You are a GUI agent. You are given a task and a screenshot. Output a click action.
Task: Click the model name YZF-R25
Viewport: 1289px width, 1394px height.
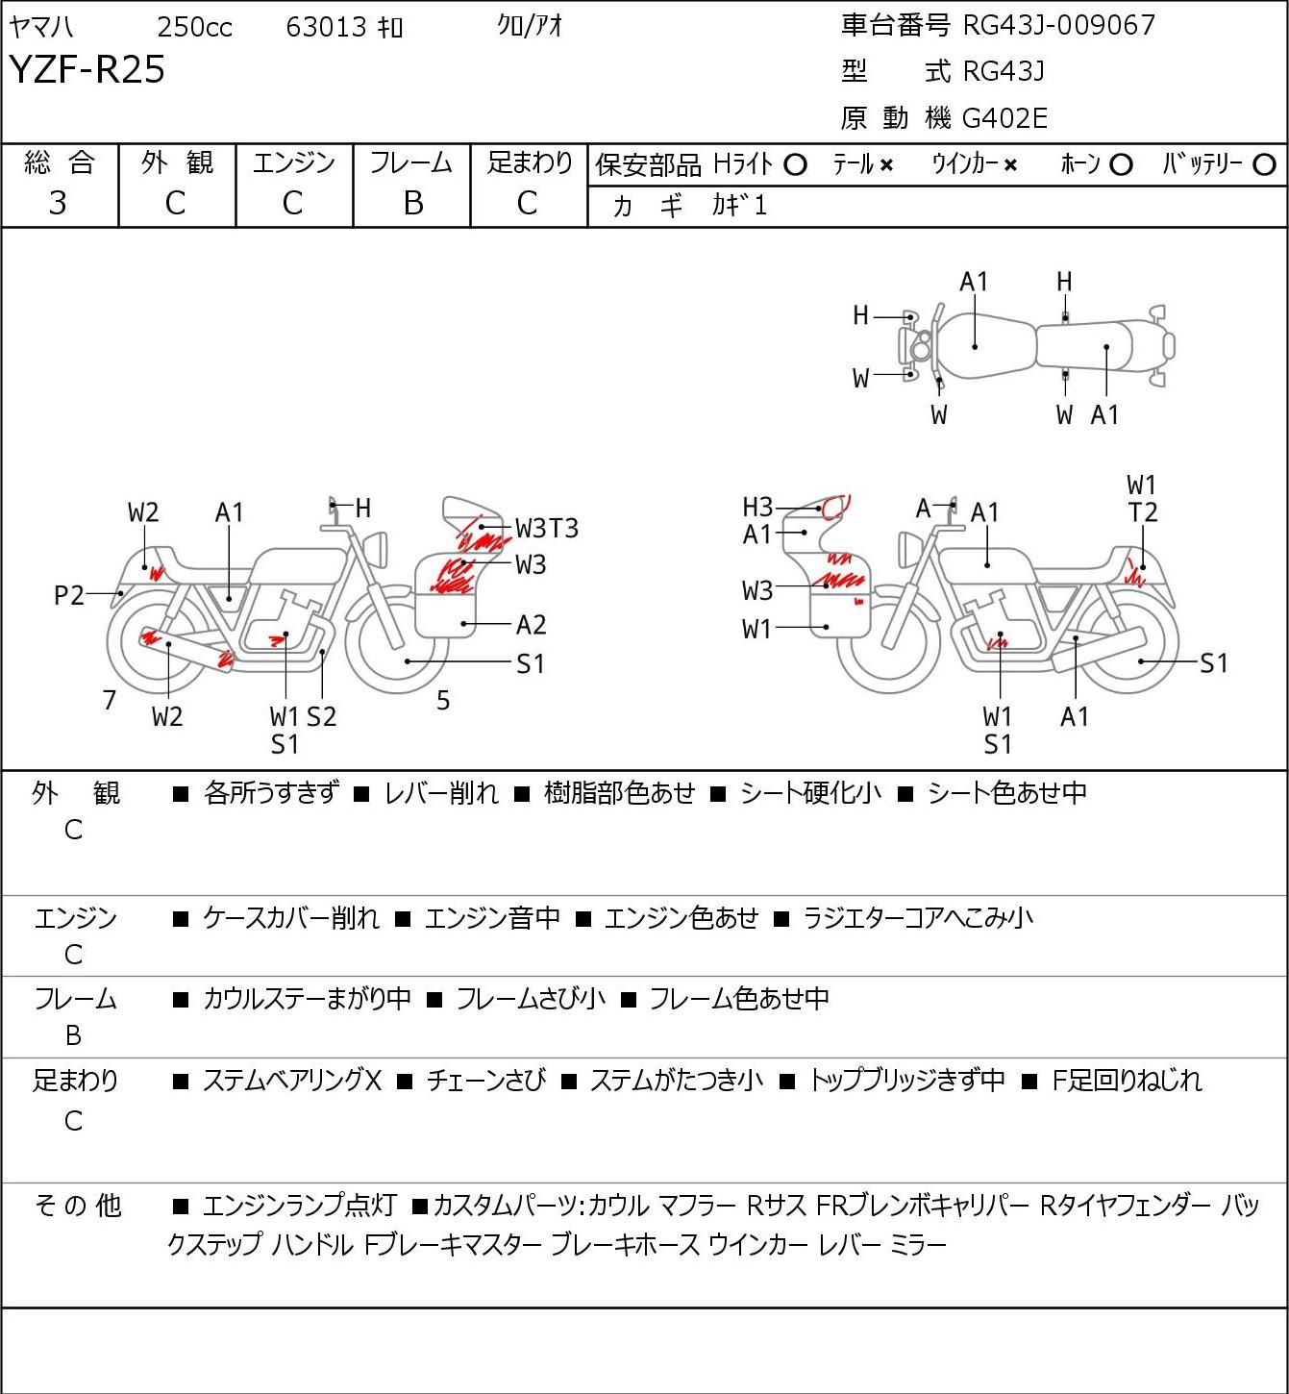click(x=87, y=69)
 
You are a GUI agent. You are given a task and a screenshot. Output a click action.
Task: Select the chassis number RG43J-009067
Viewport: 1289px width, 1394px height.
click(x=1058, y=25)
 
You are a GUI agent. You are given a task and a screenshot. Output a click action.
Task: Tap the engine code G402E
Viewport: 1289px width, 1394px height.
click(x=1004, y=118)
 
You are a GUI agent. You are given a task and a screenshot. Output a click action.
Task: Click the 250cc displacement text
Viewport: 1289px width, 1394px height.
click(x=194, y=28)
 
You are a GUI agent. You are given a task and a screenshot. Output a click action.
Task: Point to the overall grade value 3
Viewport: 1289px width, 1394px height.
click(x=58, y=203)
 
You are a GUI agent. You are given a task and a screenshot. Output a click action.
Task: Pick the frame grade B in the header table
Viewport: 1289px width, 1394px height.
click(x=412, y=203)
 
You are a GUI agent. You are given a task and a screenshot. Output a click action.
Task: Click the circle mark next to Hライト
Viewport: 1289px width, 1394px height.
click(x=795, y=165)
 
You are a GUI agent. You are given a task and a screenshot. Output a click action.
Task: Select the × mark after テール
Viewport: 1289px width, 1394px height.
click(x=886, y=165)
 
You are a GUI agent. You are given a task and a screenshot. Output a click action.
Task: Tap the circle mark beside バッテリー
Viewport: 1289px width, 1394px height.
click(x=1265, y=165)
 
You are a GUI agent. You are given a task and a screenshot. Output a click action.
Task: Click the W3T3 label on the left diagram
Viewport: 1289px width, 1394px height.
click(x=547, y=528)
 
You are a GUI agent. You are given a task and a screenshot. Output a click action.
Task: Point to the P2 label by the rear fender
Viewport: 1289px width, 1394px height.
click(x=69, y=596)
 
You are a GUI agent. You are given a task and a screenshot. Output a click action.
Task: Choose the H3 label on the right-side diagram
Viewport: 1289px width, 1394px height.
click(x=757, y=507)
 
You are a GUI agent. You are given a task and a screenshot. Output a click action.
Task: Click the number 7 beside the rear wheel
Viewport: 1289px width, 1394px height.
click(x=110, y=700)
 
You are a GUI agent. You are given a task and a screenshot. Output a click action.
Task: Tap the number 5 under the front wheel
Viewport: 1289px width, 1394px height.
click(x=443, y=700)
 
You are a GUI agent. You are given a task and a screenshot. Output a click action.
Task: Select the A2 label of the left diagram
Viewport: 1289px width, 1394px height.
click(x=531, y=625)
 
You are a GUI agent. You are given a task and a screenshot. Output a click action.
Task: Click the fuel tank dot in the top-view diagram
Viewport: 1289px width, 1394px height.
click(x=975, y=346)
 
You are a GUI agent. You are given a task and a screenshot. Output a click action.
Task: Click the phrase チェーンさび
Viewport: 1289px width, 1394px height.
click(x=485, y=1081)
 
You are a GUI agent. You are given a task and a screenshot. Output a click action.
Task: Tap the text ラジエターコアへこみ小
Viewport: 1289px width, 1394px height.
click(x=918, y=918)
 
